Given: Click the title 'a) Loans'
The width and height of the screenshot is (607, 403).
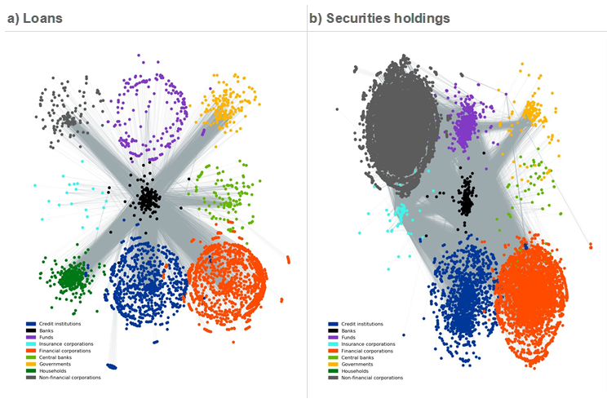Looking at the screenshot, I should coord(34,17).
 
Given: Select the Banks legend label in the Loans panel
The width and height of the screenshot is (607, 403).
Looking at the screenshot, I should coord(46,330).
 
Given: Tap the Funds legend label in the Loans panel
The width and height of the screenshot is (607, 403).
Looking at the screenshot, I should coord(46,337).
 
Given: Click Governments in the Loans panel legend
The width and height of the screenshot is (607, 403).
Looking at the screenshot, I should coord(55,364).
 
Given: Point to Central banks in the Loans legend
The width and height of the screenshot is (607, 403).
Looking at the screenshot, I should coord(55,357).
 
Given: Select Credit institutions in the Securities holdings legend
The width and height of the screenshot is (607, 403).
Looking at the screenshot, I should coord(361,324).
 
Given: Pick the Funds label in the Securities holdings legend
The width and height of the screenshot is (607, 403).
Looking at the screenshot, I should coord(348,337).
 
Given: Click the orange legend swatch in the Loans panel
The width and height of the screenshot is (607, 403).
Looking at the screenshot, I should coord(30,351).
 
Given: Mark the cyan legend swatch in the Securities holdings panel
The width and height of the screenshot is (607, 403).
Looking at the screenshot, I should coord(333,344).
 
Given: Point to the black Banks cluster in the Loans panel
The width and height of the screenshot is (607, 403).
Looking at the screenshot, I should coord(148,198).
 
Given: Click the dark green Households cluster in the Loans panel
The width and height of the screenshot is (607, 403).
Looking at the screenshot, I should coord(72,278).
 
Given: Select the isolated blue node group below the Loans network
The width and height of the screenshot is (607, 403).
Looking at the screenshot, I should coord(111,366).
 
